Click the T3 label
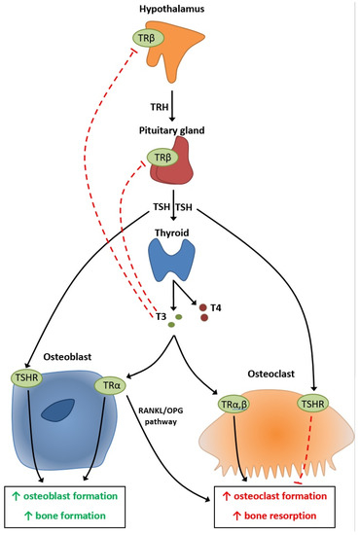click(161, 316)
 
